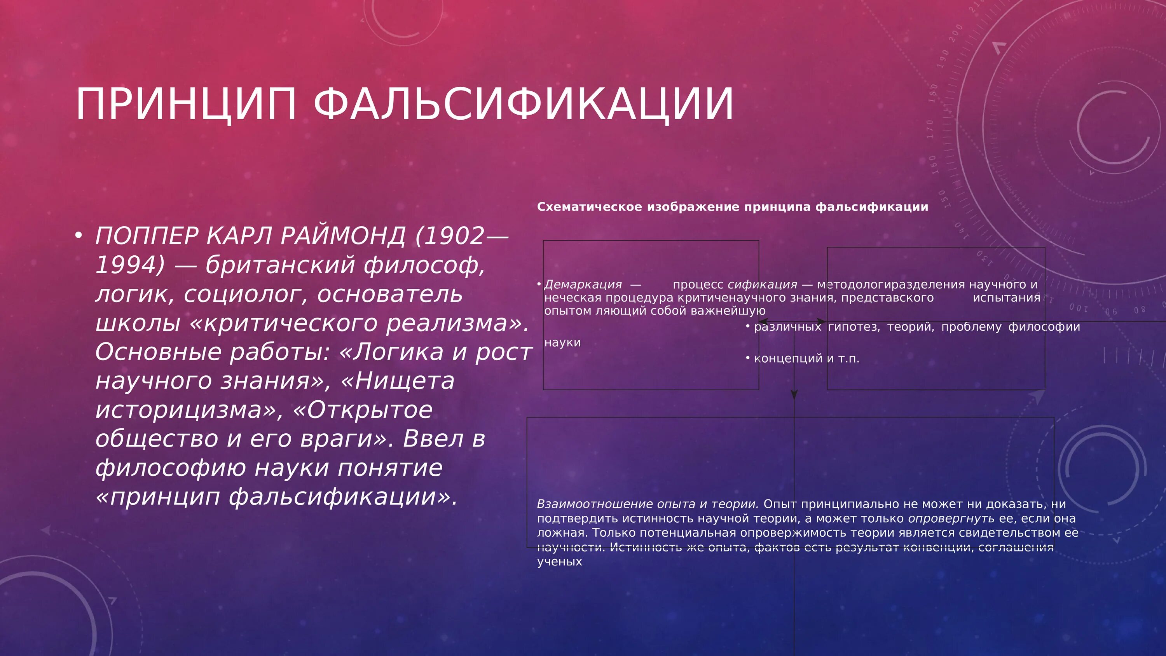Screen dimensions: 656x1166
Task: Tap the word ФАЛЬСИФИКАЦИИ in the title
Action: coord(523,105)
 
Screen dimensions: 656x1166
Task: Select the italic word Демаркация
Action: coord(583,284)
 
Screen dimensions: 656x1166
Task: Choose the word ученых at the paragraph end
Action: coord(559,562)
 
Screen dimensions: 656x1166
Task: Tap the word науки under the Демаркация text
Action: coord(562,342)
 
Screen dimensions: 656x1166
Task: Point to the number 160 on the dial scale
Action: coord(933,165)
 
